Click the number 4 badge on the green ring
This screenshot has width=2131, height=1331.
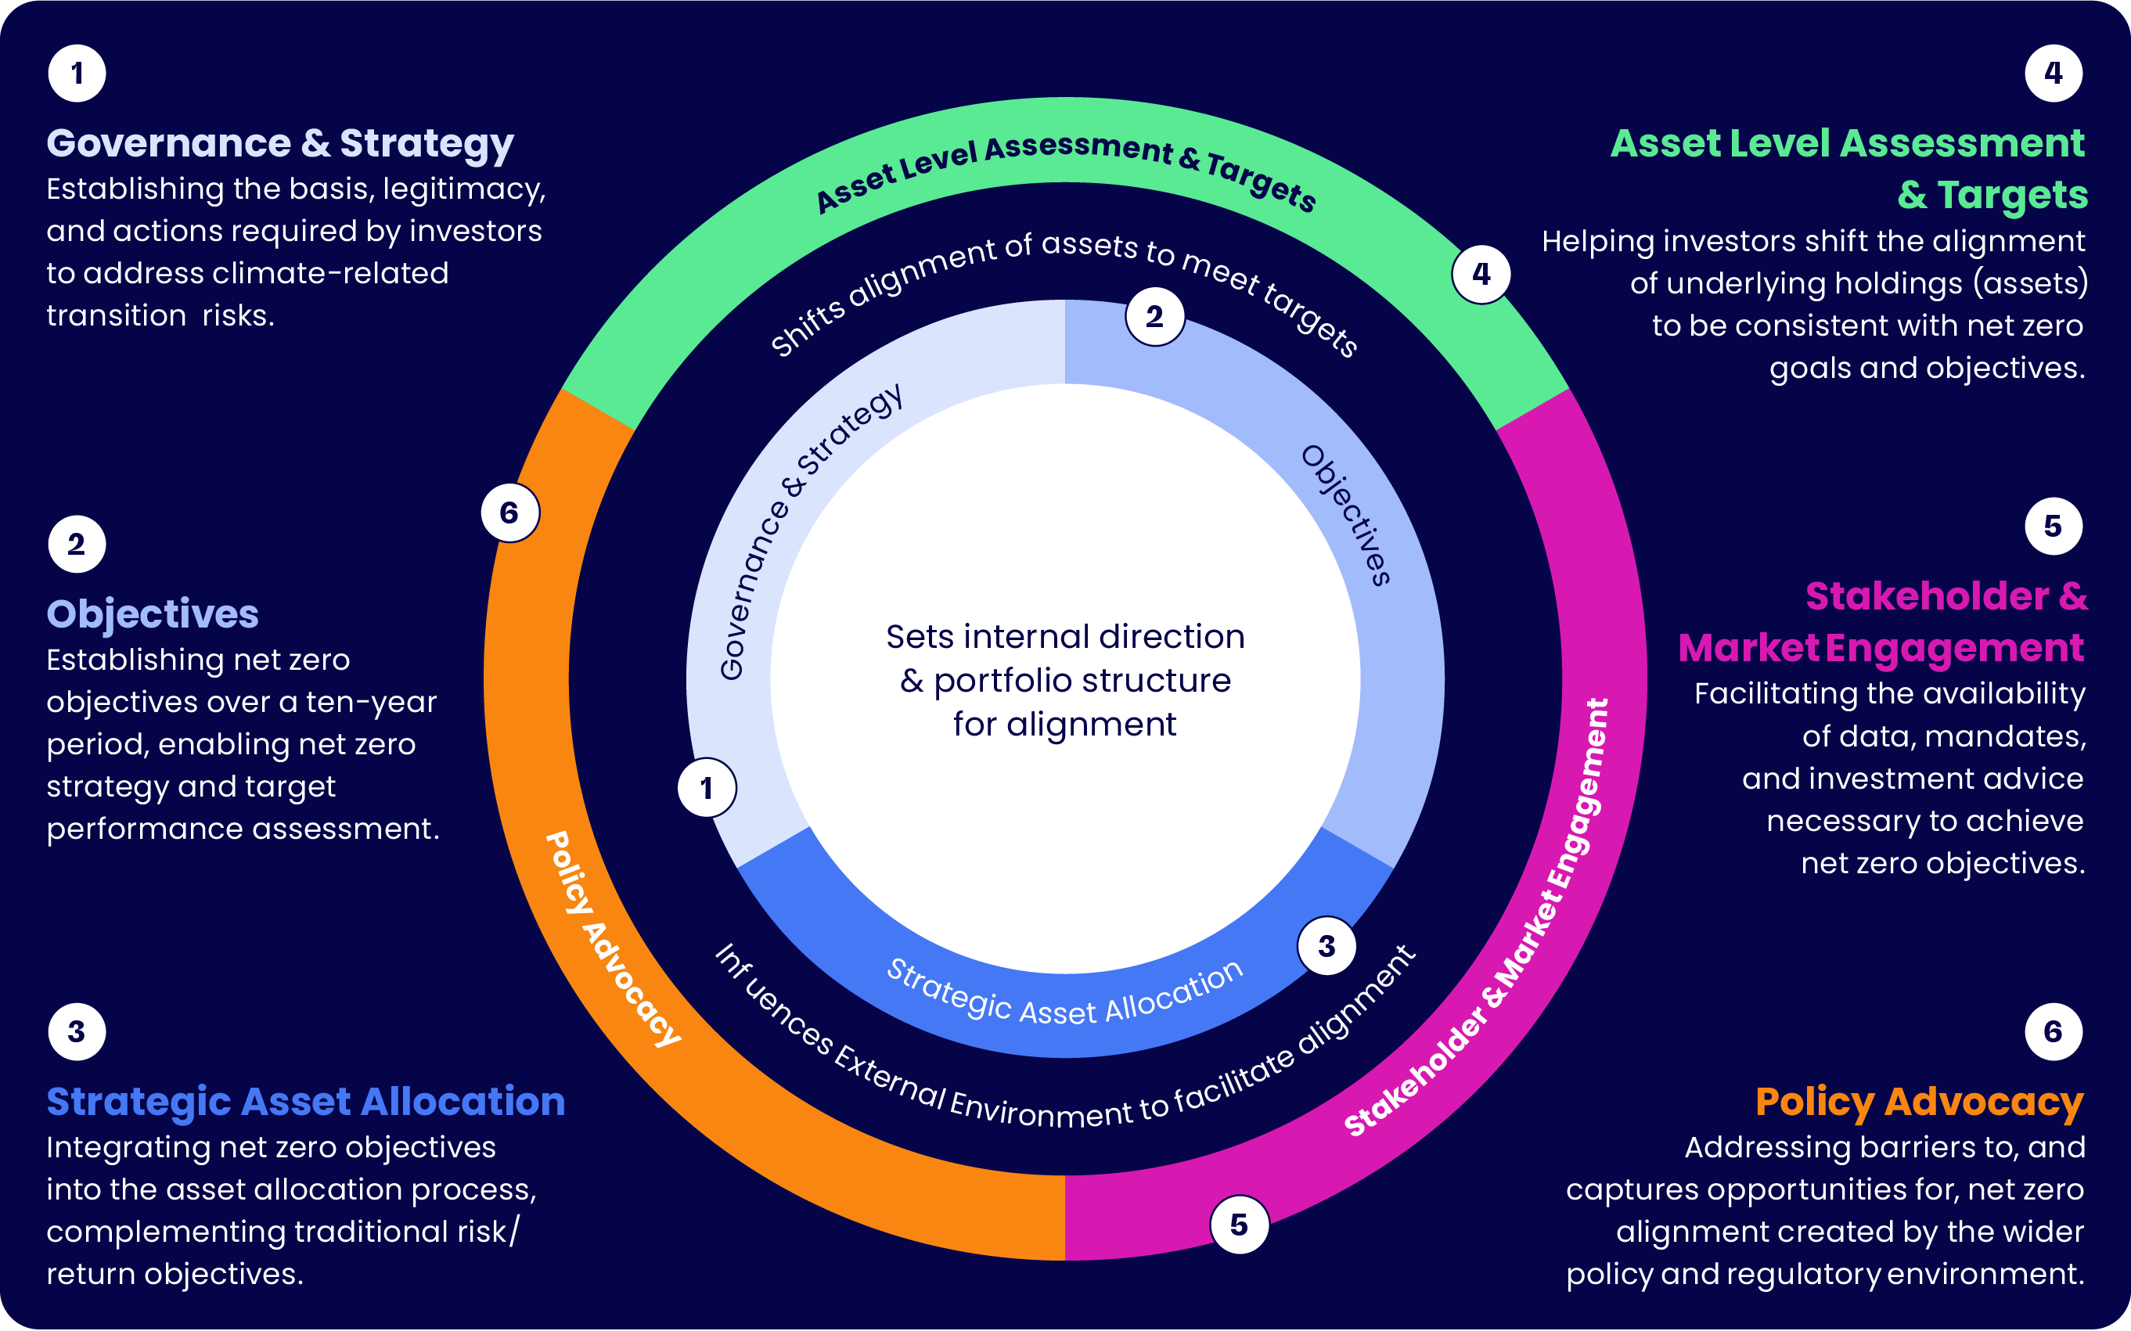click(x=1481, y=275)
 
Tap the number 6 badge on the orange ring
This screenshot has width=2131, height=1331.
click(x=509, y=513)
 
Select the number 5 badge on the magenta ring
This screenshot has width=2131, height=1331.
click(x=1240, y=1224)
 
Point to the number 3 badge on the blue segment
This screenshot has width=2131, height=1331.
click(x=1326, y=946)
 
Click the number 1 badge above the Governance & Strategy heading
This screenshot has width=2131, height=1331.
click(x=77, y=73)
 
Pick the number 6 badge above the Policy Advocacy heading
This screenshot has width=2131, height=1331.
click(x=2053, y=1031)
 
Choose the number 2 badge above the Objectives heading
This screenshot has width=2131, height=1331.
click(x=77, y=544)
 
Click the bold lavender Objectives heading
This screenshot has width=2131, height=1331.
click(x=153, y=613)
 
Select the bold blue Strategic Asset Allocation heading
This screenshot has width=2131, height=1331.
click(x=305, y=1101)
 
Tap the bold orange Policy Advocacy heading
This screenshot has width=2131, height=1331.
click(x=1919, y=1101)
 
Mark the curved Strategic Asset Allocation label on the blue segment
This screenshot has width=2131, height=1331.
click(x=1064, y=995)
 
